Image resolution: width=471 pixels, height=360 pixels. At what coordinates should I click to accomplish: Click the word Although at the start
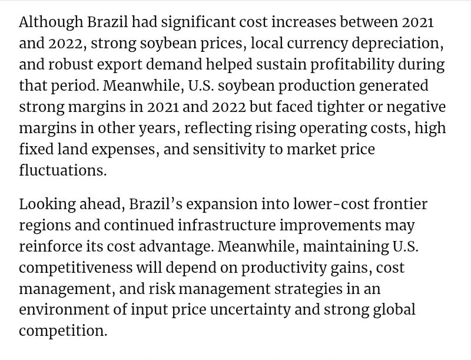(51, 23)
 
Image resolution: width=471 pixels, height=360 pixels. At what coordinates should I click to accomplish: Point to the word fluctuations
(62, 171)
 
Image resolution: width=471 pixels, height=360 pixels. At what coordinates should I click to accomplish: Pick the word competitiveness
(75, 268)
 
